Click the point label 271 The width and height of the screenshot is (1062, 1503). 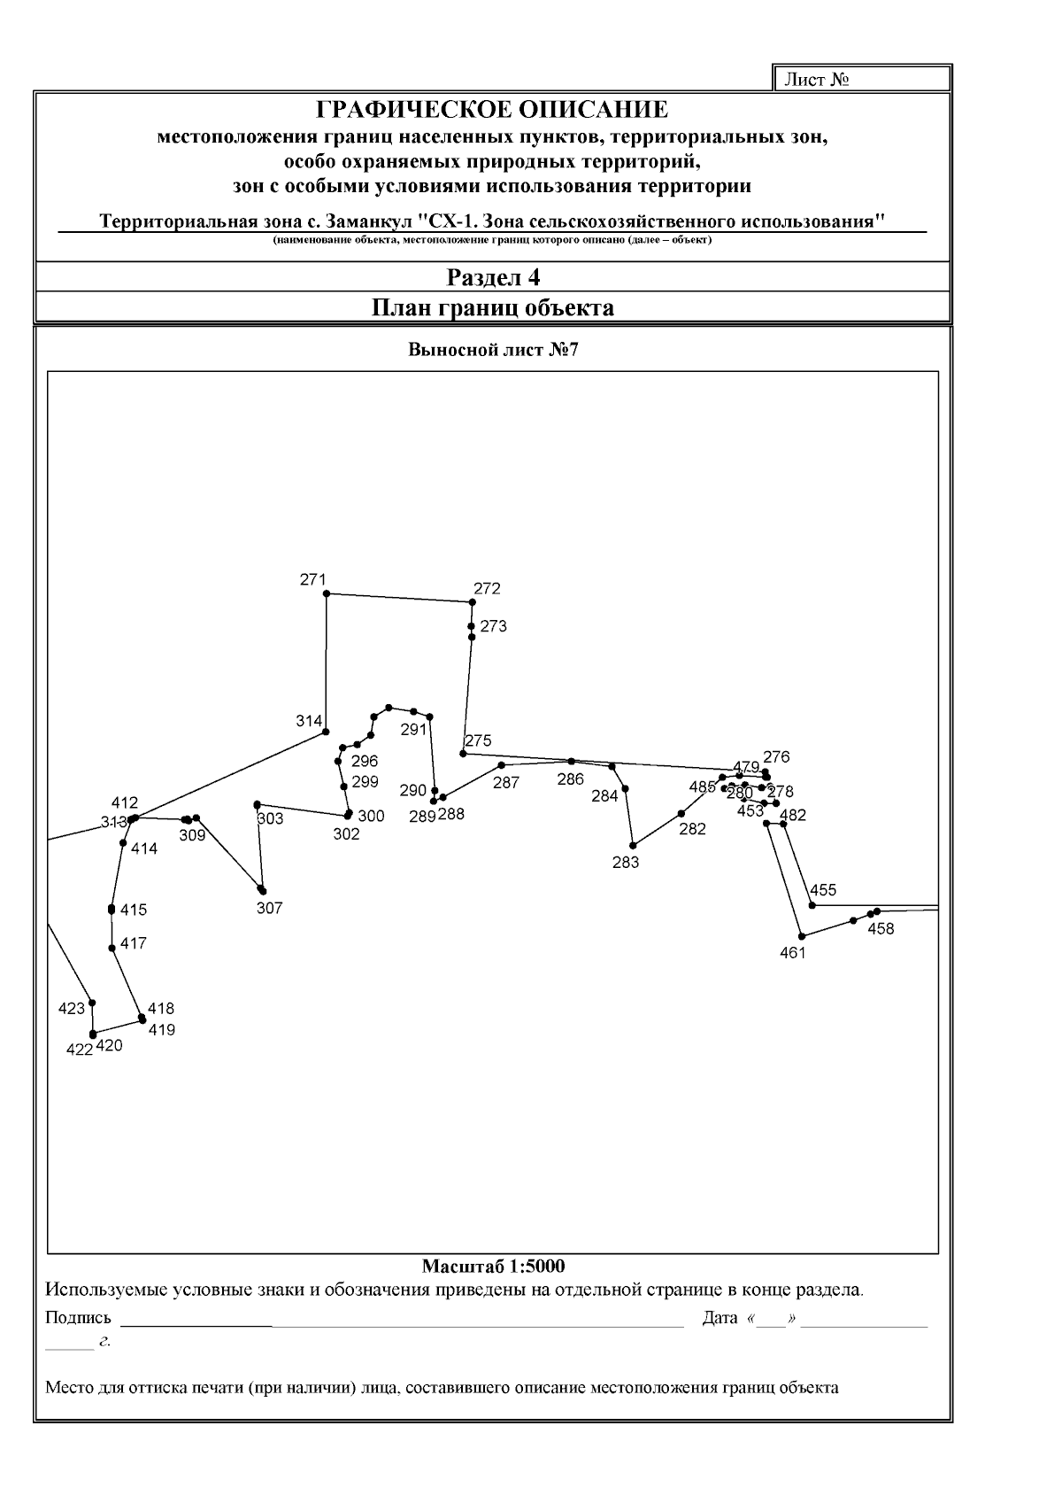(313, 580)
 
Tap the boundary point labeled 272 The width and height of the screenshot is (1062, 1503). (472, 602)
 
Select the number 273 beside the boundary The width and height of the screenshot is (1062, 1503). (493, 626)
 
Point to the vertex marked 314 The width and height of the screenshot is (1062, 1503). (327, 732)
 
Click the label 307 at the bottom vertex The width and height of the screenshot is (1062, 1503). (269, 908)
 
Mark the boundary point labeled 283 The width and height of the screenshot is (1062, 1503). (634, 845)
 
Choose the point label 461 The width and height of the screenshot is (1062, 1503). (793, 953)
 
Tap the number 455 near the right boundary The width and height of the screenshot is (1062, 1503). (822, 890)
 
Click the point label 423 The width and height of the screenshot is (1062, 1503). (71, 1008)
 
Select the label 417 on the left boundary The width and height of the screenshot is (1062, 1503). (133, 943)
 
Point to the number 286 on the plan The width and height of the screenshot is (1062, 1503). (570, 779)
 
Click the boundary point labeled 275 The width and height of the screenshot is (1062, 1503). (463, 754)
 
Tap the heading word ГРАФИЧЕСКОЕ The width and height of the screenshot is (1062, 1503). (408, 110)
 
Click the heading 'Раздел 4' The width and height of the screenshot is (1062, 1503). (493, 278)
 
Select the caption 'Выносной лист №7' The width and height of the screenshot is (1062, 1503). (493, 349)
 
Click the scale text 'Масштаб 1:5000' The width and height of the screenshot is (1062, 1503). (493, 1266)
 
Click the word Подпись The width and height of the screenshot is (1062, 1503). (79, 1318)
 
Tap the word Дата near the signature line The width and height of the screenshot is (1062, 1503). (720, 1318)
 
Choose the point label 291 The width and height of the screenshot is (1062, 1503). (413, 730)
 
